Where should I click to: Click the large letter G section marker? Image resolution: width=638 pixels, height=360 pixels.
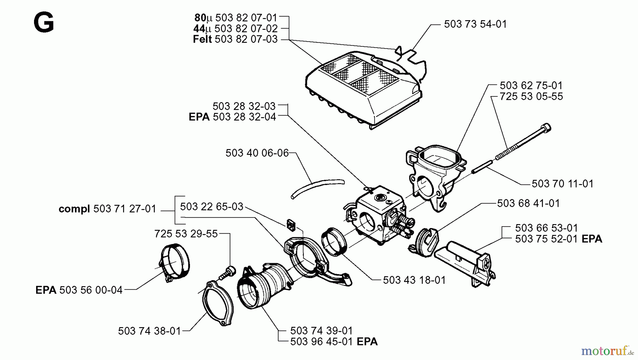click(44, 22)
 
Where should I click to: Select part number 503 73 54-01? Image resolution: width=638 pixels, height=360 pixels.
click(475, 24)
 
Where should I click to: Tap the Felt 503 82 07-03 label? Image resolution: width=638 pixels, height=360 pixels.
click(235, 39)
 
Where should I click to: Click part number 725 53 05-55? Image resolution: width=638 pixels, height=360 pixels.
click(531, 96)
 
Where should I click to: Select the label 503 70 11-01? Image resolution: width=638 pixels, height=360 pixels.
click(562, 184)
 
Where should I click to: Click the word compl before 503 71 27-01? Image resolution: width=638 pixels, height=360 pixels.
click(74, 209)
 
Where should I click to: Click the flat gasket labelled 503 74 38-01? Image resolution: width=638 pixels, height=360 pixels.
click(218, 303)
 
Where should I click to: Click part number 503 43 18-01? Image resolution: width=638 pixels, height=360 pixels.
click(414, 280)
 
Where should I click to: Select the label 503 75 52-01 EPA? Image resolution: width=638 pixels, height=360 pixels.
click(558, 239)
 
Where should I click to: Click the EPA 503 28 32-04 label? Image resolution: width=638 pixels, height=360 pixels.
click(232, 117)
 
